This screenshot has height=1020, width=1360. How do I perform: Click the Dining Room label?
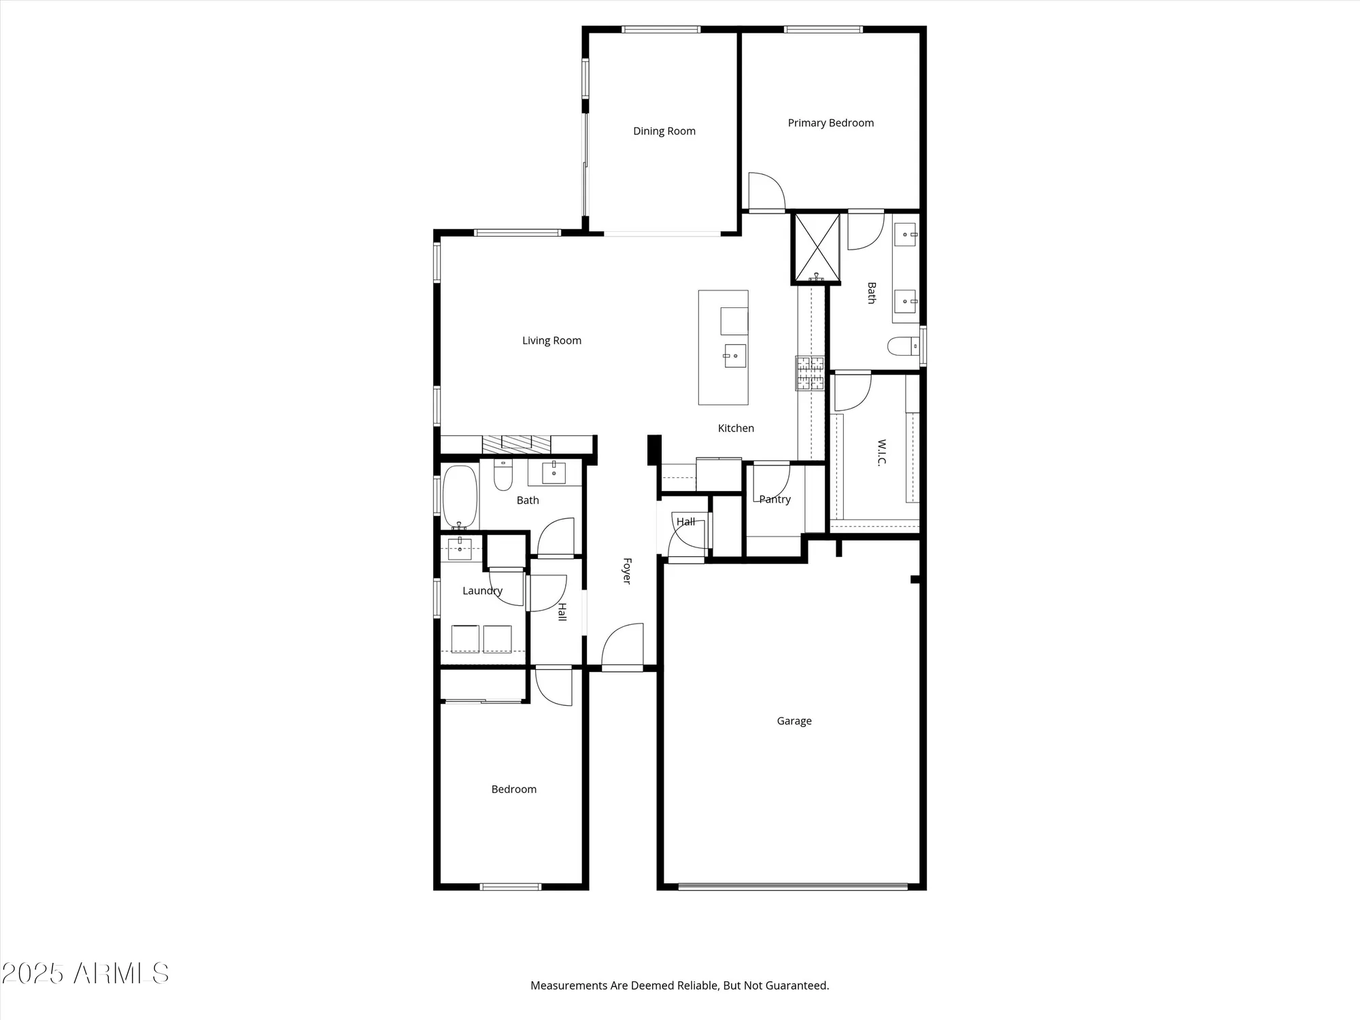pos(664,131)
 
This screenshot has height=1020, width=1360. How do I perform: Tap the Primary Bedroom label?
pos(830,123)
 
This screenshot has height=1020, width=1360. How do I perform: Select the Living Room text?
pos(551,341)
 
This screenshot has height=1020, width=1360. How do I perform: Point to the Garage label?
pos(794,721)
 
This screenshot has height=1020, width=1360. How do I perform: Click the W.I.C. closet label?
pos(881,452)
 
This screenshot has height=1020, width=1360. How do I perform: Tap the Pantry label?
pos(775,499)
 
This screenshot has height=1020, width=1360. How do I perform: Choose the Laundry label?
pos(482,591)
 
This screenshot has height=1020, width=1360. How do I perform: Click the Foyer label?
pos(627,571)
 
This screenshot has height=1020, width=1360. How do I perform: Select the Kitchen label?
pos(736,428)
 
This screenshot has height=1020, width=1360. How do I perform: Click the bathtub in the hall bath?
pos(460,496)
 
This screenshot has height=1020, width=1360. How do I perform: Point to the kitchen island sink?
pos(734,356)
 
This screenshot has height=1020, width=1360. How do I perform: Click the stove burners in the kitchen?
pos(810,373)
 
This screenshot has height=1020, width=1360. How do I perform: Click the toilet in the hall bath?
pos(503,475)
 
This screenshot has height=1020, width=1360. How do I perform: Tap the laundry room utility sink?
pos(460,548)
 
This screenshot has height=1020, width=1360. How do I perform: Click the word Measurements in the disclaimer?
pos(568,985)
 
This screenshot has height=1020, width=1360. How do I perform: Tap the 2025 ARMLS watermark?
pos(85,974)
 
